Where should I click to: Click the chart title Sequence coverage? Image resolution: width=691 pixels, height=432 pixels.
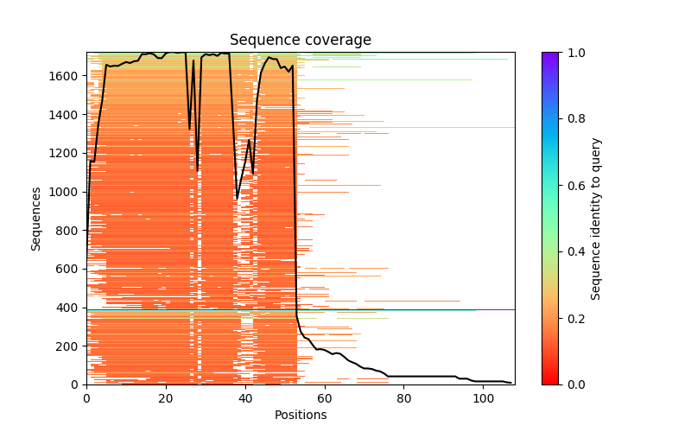[300, 41]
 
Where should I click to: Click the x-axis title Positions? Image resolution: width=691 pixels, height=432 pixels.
[300, 415]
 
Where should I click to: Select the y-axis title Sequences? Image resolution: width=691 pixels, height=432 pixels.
[36, 219]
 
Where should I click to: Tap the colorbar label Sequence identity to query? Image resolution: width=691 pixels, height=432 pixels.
[596, 219]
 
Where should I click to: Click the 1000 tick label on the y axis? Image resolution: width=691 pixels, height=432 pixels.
[67, 192]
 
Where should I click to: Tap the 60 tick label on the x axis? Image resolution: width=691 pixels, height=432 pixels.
[325, 398]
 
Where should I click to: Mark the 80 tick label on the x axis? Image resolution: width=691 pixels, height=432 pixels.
[404, 398]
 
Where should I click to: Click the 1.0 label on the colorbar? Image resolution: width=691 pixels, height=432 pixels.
[574, 53]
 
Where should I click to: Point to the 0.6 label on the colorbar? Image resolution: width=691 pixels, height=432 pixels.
[574, 186]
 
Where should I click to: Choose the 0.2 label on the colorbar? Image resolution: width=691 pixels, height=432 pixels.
[574, 318]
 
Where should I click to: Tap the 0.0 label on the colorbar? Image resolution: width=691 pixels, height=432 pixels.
[574, 384]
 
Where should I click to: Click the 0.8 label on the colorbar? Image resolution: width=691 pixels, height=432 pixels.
[574, 119]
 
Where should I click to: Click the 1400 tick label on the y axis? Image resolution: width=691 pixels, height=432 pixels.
[67, 115]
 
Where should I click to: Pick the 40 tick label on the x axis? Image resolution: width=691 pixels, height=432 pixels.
[245, 398]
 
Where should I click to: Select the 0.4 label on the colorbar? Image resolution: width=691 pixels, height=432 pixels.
[574, 251]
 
